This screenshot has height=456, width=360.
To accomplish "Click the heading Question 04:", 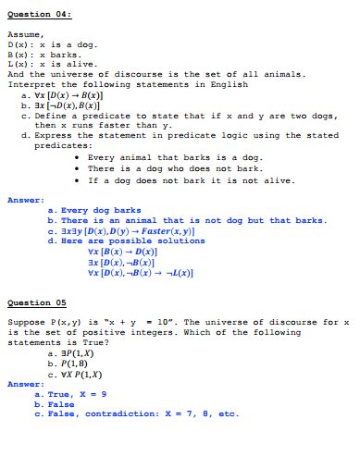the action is [x=40, y=15].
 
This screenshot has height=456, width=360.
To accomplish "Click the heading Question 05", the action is [x=38, y=302].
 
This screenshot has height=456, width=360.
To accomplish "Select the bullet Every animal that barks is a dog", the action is [x=176, y=156].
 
